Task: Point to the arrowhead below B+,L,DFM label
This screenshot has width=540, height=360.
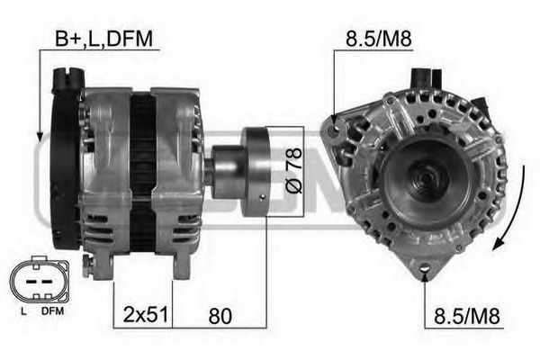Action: pyautogui.click(x=39, y=135)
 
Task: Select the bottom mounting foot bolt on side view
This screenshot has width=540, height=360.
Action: pyautogui.click(x=88, y=264)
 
